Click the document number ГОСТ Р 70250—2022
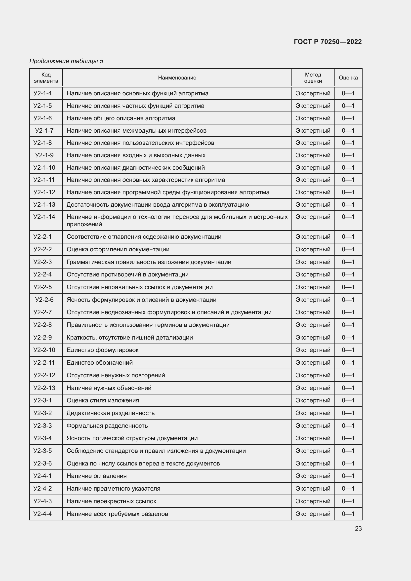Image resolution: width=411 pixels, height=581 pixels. (x=328, y=42)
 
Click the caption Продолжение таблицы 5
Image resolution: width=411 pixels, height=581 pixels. (x=66, y=61)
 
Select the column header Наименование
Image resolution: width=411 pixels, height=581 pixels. (x=177, y=78)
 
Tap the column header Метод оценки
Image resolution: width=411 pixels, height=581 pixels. (x=313, y=78)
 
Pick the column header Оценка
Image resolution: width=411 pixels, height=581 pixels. (x=348, y=78)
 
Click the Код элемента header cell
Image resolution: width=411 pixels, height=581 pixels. (x=46, y=78)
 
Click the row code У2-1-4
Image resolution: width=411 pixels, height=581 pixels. (x=42, y=93)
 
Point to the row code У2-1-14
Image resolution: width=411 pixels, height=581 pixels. (x=44, y=217)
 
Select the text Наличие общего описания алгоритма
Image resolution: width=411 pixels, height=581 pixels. (x=121, y=118)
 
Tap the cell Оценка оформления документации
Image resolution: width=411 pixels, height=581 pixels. (x=118, y=249)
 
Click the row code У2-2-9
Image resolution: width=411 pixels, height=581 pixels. (x=42, y=337)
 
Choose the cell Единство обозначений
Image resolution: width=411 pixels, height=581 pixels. (x=99, y=363)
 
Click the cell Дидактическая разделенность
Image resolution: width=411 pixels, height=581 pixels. (x=110, y=413)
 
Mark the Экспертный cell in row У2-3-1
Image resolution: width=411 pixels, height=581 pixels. (x=313, y=400)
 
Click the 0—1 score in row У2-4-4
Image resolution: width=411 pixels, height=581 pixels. (x=348, y=514)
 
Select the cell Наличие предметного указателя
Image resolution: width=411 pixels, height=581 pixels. (x=113, y=488)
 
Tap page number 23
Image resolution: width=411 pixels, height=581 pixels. (x=358, y=528)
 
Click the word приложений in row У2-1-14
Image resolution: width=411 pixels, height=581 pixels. (x=84, y=225)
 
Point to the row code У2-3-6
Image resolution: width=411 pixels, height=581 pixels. (x=42, y=463)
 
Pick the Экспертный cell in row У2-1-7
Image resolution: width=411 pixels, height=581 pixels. (x=313, y=131)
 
